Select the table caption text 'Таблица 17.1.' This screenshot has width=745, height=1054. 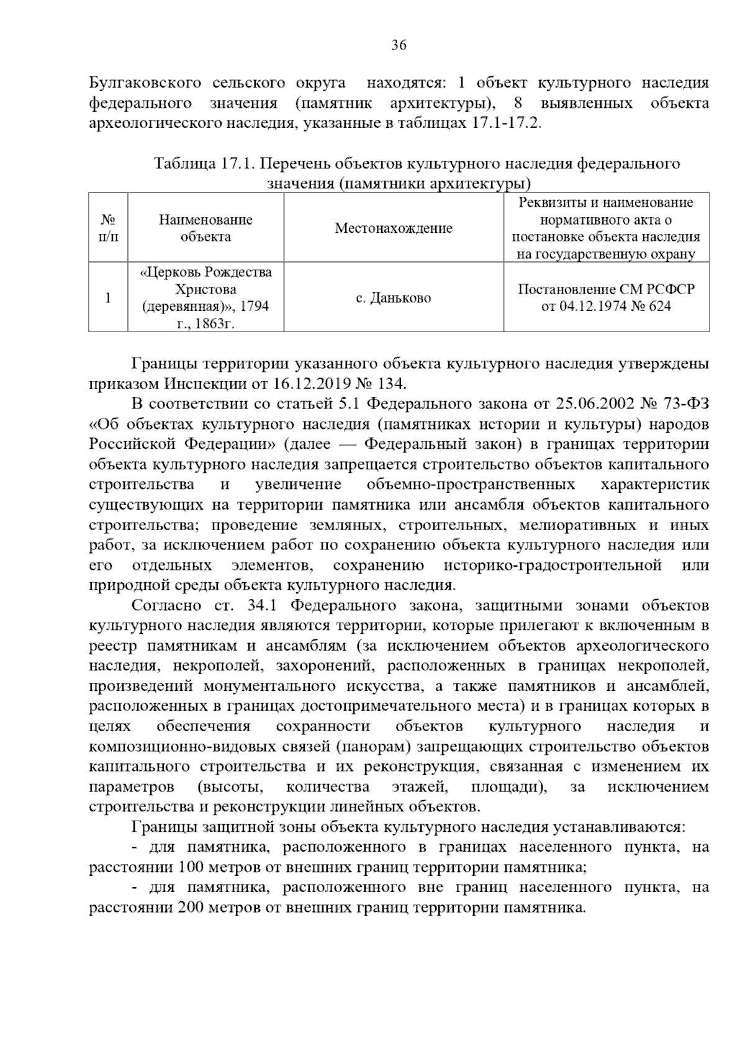205,164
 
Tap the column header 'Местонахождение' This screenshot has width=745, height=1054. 394,228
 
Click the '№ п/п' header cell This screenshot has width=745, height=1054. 108,228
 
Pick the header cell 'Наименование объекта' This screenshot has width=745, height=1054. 205,228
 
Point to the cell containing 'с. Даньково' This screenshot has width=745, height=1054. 394,298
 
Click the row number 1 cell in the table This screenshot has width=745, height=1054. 108,298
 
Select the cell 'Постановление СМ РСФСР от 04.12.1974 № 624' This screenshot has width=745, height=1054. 606,298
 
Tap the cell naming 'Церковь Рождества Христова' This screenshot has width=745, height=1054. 205,298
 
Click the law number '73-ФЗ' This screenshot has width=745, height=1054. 684,404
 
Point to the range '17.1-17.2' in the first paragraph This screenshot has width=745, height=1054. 506,123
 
